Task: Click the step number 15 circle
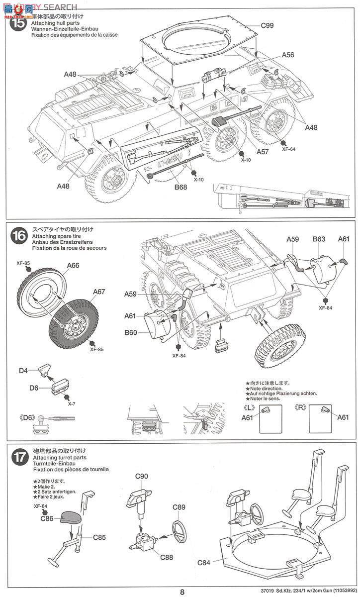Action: pos(18,23)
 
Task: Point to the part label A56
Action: pos(288,56)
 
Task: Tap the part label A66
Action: pos(74,266)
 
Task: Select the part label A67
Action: pos(98,292)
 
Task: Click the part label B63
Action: pos(319,239)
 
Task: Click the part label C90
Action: pos(142,476)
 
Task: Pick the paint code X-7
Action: pos(72,404)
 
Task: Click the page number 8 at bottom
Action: pos(182,592)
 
